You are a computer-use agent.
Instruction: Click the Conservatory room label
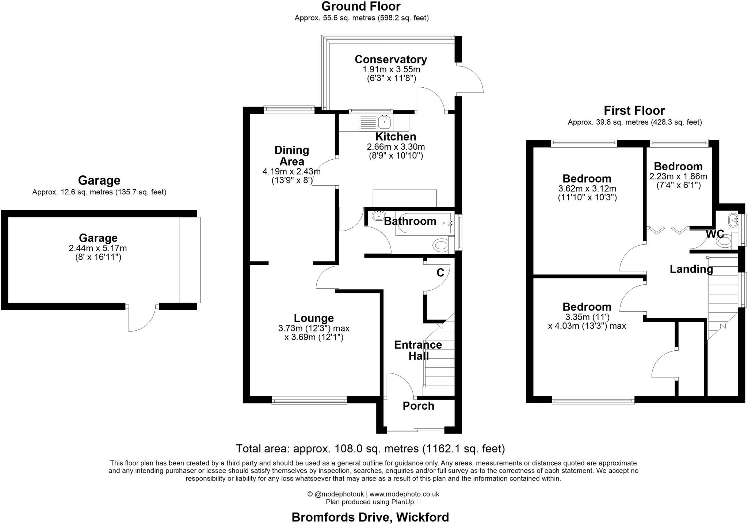(x=391, y=59)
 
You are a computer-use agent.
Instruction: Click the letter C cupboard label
(x=440, y=273)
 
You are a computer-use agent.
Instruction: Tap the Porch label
(x=419, y=406)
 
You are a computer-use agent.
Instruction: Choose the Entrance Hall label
(x=418, y=350)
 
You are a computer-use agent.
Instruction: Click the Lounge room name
(x=314, y=318)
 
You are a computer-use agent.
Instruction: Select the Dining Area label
(x=292, y=156)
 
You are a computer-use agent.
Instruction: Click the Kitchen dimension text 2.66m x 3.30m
(x=396, y=147)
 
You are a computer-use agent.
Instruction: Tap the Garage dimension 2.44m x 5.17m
(x=98, y=248)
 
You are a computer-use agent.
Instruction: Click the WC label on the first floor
(x=715, y=234)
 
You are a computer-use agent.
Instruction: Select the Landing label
(x=691, y=269)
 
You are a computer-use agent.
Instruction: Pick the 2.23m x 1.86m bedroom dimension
(x=678, y=176)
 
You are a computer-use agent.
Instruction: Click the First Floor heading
(x=634, y=110)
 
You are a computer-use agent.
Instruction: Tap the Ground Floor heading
(x=361, y=6)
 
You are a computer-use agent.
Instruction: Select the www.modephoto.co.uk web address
(x=404, y=494)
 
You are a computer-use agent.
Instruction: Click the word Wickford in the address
(x=423, y=517)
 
